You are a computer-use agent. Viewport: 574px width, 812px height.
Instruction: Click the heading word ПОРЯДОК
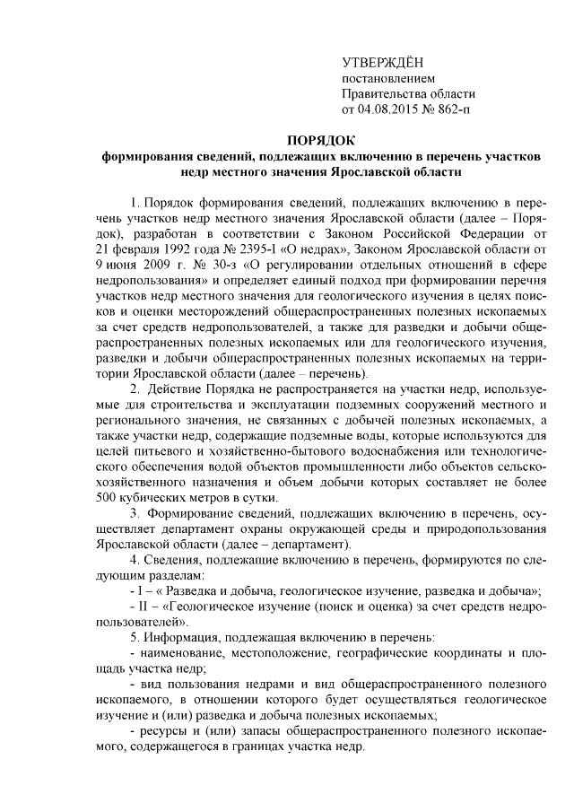(x=320, y=139)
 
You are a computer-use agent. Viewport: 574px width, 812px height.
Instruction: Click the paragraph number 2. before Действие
(x=135, y=389)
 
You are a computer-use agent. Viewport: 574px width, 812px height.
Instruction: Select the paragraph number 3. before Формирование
(x=135, y=515)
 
